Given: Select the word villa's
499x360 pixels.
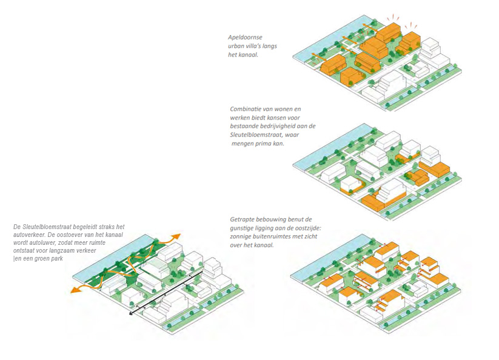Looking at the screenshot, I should (x=258, y=46).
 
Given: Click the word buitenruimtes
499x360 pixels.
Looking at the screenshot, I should (x=274, y=237).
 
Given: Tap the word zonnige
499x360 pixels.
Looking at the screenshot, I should (x=241, y=237).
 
